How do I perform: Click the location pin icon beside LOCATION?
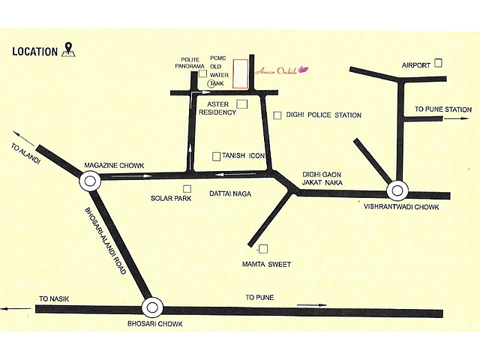point(69,50)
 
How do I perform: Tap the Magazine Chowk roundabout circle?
point(90,179)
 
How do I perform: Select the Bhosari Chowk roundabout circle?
point(152,306)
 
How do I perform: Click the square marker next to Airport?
point(439,64)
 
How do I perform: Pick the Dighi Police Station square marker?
point(278,115)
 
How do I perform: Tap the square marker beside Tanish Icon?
point(216,156)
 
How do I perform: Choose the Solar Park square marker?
point(187,188)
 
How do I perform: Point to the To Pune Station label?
point(442,109)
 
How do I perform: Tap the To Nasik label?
point(55,298)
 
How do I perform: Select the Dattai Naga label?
point(229,194)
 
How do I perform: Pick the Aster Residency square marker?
point(241,103)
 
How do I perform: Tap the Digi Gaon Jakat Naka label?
point(322,177)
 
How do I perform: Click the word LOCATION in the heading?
point(35,52)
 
